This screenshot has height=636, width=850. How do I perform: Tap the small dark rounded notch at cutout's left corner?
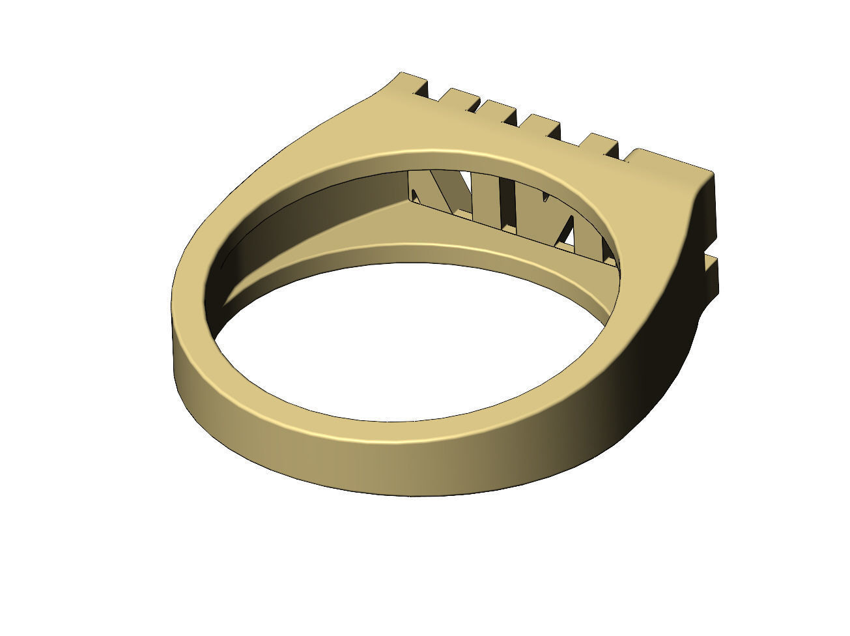tap(415, 194)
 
